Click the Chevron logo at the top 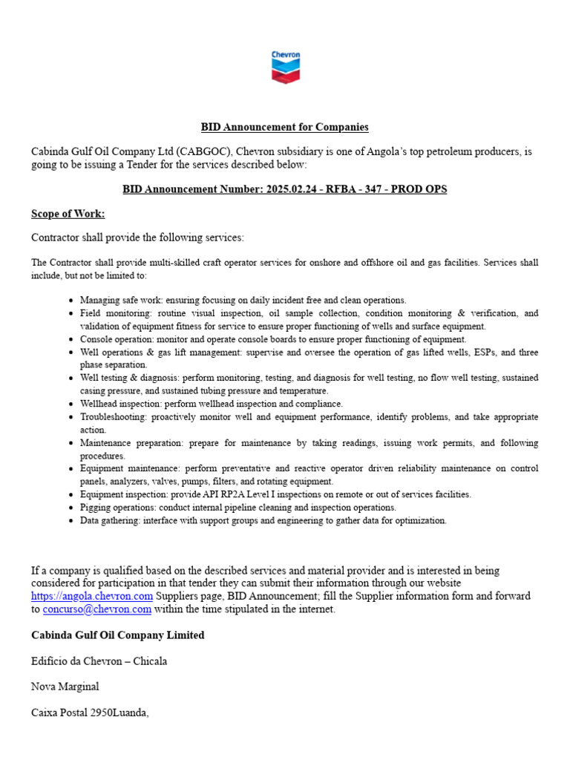pyautogui.click(x=285, y=66)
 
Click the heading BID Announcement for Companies pyautogui.click(x=285, y=128)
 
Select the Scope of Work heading pyautogui.click(x=68, y=214)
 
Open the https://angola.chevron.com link pyautogui.click(x=92, y=596)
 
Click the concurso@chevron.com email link pyautogui.click(x=97, y=609)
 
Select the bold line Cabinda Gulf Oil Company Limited pyautogui.click(x=118, y=635)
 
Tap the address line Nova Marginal pyautogui.click(x=65, y=687)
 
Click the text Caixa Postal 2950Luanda pyautogui.click(x=90, y=712)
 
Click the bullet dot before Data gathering pyautogui.click(x=70, y=521)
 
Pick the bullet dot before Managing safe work pyautogui.click(x=70, y=301)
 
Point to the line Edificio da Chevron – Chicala pyautogui.click(x=99, y=661)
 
